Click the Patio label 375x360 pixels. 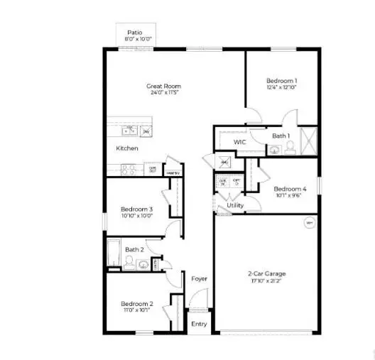[x=134, y=33]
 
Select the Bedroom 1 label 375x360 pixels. [x=281, y=80]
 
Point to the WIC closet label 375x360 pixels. [x=240, y=143]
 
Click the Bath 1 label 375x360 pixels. [x=281, y=136]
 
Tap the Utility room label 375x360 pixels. [x=235, y=206]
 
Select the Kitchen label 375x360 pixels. [x=127, y=148]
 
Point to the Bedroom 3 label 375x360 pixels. [x=136, y=209]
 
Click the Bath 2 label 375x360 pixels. [x=135, y=249]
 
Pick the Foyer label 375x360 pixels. [x=200, y=279]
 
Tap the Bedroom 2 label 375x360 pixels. [x=136, y=303]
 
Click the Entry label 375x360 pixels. [x=200, y=324]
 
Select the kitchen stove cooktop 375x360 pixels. [x=129, y=169]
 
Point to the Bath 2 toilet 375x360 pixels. [x=129, y=264]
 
